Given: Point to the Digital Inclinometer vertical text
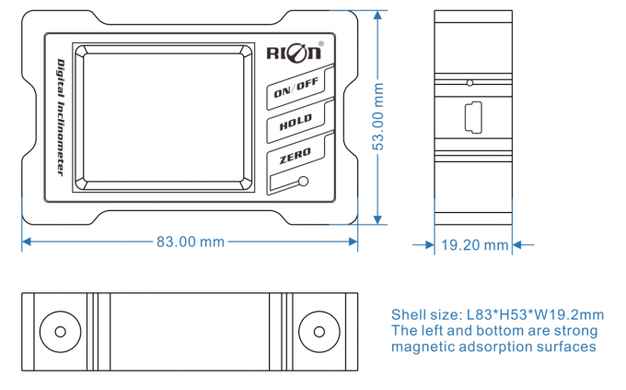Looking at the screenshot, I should (59, 118).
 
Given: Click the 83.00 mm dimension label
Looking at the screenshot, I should (191, 242).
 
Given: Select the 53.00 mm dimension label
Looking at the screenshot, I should (377, 117).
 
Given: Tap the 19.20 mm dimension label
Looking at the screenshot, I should (474, 245).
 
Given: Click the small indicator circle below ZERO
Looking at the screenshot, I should (305, 182).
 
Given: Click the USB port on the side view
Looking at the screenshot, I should (472, 118).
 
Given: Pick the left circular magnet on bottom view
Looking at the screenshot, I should (59, 332).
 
